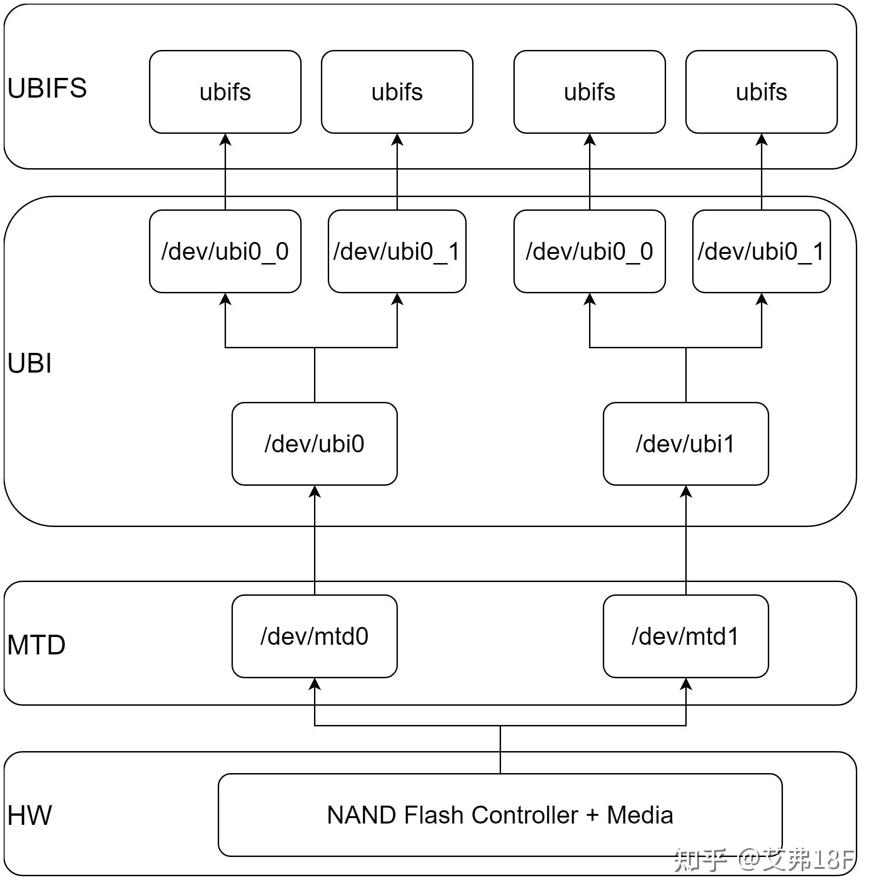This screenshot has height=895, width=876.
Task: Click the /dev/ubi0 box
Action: (314, 444)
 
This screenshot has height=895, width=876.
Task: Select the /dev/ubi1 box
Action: (685, 444)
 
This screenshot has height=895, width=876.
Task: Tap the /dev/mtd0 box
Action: (314, 637)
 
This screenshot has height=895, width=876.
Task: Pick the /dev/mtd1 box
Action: (685, 637)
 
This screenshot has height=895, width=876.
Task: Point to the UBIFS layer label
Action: (47, 88)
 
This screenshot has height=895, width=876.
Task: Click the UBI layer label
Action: (29, 363)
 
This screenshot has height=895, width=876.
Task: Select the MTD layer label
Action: (36, 645)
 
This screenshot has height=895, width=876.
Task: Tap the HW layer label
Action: (29, 816)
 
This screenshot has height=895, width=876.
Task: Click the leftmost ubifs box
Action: (225, 92)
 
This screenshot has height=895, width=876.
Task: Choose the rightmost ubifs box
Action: (761, 92)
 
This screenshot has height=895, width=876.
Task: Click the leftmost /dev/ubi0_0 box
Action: (225, 252)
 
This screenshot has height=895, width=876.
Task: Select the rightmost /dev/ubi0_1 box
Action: (761, 252)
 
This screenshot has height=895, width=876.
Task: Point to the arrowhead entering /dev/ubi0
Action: (315, 492)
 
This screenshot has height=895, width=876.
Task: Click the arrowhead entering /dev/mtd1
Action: (686, 684)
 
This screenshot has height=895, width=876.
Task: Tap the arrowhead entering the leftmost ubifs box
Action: (225, 139)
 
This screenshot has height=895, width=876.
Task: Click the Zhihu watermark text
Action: (764, 860)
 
